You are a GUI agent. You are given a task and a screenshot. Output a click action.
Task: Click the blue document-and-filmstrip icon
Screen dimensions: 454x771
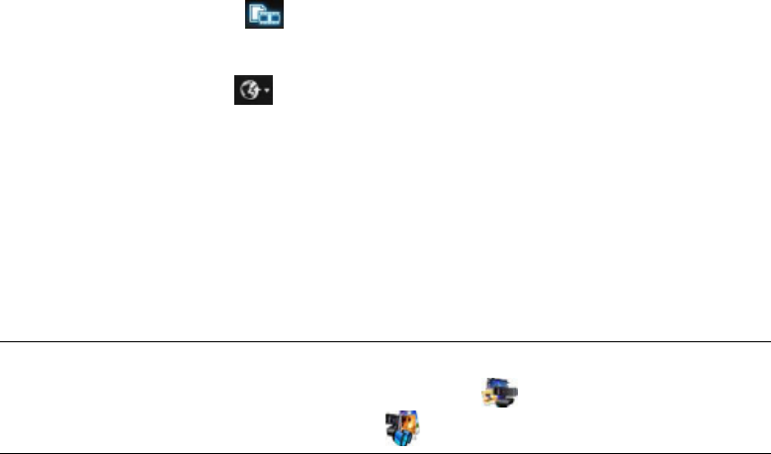[x=264, y=15]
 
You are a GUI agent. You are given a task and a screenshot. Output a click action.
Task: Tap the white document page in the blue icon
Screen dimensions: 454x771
[x=256, y=13]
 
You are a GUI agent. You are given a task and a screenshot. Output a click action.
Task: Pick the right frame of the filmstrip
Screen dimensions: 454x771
[x=275, y=18]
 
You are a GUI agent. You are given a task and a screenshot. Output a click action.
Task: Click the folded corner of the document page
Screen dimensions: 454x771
[x=260, y=9]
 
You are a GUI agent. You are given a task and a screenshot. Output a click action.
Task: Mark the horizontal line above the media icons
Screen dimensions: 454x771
[x=385, y=342]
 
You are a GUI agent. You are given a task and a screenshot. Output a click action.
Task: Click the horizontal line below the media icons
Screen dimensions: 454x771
[x=385, y=453]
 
